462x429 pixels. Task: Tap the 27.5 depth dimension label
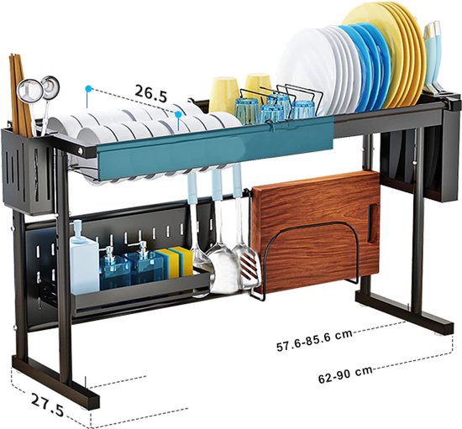click(47, 405)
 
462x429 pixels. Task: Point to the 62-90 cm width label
click(345, 374)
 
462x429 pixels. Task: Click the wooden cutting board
click(315, 230)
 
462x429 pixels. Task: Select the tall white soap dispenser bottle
click(83, 259)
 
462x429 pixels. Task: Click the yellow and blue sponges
click(176, 261)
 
